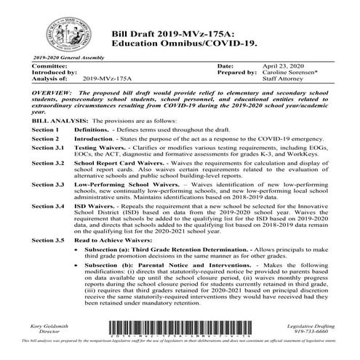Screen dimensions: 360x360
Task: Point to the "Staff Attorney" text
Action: click(x=284, y=79)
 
